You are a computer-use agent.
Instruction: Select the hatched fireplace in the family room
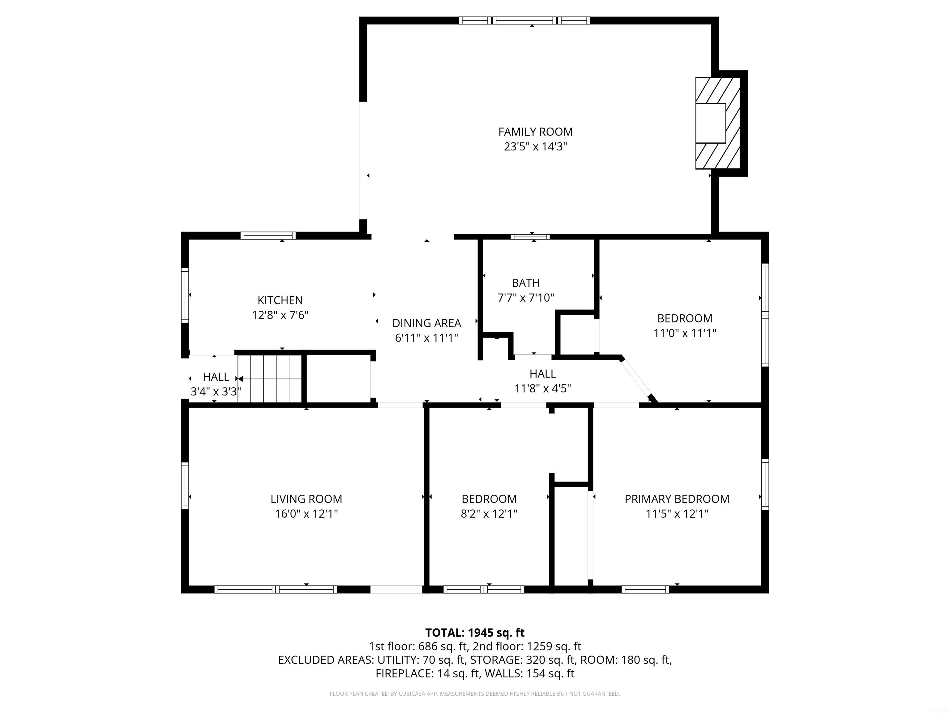pyautogui.click(x=718, y=123)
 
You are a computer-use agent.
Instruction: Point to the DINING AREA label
pyautogui.click(x=426, y=323)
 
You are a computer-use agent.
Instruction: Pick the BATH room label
pyautogui.click(x=526, y=283)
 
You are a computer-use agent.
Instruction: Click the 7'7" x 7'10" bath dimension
pyautogui.click(x=526, y=297)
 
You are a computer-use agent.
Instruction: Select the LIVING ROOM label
pyautogui.click(x=306, y=499)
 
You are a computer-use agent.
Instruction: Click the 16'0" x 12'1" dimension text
pyautogui.click(x=306, y=514)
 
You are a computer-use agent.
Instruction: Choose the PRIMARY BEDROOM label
pyautogui.click(x=677, y=499)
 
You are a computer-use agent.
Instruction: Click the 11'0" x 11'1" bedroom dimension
pyautogui.click(x=685, y=333)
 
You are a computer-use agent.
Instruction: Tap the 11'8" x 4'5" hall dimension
pyautogui.click(x=542, y=388)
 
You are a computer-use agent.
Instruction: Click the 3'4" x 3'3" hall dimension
pyautogui.click(x=216, y=391)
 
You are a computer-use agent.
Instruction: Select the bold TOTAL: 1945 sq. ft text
pyautogui.click(x=475, y=633)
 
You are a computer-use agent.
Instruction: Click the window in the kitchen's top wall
pyautogui.click(x=268, y=236)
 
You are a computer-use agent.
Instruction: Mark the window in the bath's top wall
pyautogui.click(x=530, y=236)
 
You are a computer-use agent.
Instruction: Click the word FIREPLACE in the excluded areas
pyautogui.click(x=404, y=673)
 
